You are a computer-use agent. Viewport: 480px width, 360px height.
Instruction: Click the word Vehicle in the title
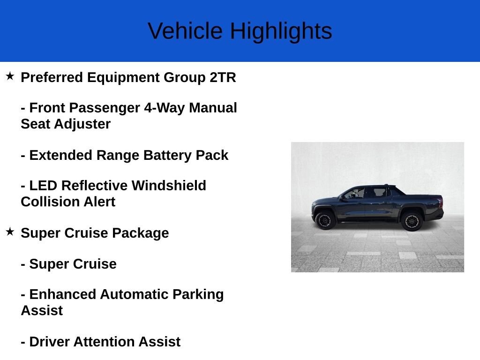click(x=185, y=30)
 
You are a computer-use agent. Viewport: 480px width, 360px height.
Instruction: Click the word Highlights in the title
click(x=281, y=31)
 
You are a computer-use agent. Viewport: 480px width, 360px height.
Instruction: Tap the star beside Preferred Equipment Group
click(x=10, y=76)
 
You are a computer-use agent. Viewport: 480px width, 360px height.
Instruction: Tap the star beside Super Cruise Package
click(x=10, y=232)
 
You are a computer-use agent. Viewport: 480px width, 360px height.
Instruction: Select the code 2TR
click(x=223, y=77)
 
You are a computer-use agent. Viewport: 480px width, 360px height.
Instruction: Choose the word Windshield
click(x=169, y=186)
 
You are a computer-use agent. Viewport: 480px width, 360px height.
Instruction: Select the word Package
click(x=141, y=233)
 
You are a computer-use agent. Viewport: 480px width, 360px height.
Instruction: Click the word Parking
click(x=198, y=294)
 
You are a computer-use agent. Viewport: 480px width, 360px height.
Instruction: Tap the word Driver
click(x=49, y=342)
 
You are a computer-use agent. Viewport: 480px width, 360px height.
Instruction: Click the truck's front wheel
click(x=325, y=220)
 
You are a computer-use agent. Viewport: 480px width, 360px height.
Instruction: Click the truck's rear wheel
click(x=412, y=220)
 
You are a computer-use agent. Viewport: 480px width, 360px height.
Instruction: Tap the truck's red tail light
click(x=440, y=202)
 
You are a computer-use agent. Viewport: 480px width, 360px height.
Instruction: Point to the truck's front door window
click(x=356, y=193)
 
